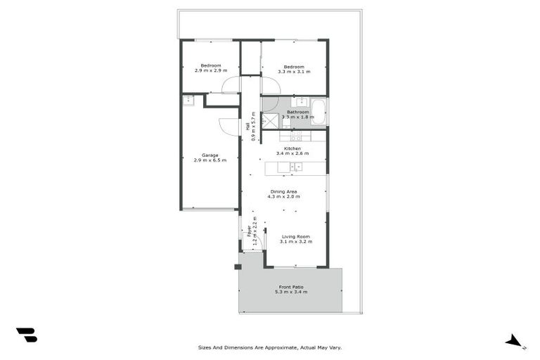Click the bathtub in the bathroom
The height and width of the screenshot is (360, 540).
(319, 112)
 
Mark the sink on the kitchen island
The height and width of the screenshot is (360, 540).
(298, 167)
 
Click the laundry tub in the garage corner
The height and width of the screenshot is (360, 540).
(189, 101)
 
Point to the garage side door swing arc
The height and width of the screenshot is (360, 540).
(228, 125)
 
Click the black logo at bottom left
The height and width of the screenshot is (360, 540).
(26, 335)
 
